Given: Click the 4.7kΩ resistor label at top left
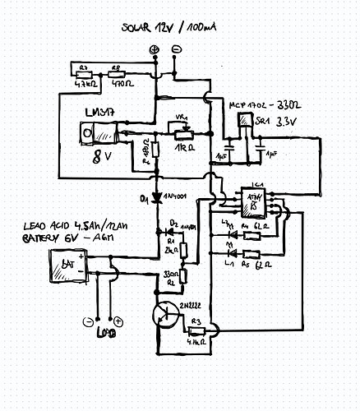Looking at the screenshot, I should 83,83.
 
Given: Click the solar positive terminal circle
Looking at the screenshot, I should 154,51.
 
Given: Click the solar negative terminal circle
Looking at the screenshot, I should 177,51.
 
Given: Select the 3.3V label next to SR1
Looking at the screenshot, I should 288,122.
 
